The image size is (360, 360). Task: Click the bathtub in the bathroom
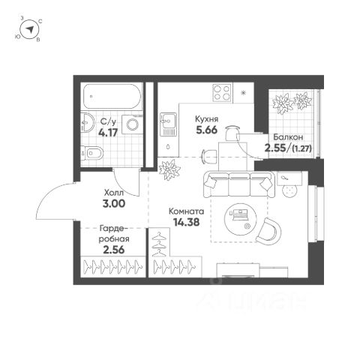(x=111, y=96)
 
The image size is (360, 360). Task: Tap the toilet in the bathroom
(x=92, y=153)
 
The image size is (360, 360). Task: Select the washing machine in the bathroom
(x=132, y=124)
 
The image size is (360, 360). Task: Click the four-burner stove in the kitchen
(x=222, y=93)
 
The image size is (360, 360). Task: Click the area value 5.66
(x=206, y=130)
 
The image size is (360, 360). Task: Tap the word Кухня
(x=206, y=118)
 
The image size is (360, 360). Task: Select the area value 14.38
(x=187, y=222)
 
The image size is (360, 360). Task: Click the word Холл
(x=114, y=193)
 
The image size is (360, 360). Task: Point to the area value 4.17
(x=108, y=133)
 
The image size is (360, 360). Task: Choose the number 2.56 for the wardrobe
(x=114, y=250)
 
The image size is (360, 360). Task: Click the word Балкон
(x=288, y=137)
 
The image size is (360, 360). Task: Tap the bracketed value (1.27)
(x=301, y=148)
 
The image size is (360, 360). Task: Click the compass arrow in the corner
(x=30, y=30)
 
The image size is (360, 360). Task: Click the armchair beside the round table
(x=269, y=230)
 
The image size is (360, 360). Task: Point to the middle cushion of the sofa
(x=239, y=184)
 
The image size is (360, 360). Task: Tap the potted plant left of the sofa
(x=169, y=169)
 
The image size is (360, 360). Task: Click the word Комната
(x=187, y=211)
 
